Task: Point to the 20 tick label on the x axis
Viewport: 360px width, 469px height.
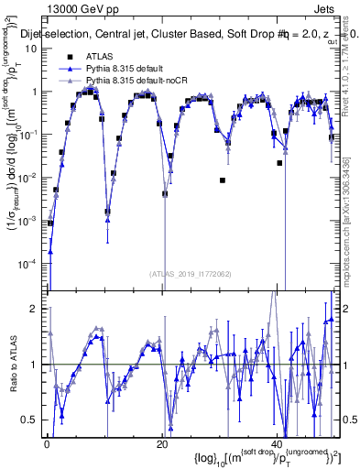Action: click(x=162, y=443)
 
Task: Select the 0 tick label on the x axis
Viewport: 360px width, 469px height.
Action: click(x=47, y=443)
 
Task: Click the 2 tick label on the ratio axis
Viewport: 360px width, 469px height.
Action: click(x=36, y=309)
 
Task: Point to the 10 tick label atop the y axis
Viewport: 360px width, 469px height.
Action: click(x=32, y=49)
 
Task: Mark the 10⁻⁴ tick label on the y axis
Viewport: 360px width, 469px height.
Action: click(x=30, y=263)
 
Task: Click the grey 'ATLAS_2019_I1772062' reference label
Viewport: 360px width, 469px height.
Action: click(x=190, y=273)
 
